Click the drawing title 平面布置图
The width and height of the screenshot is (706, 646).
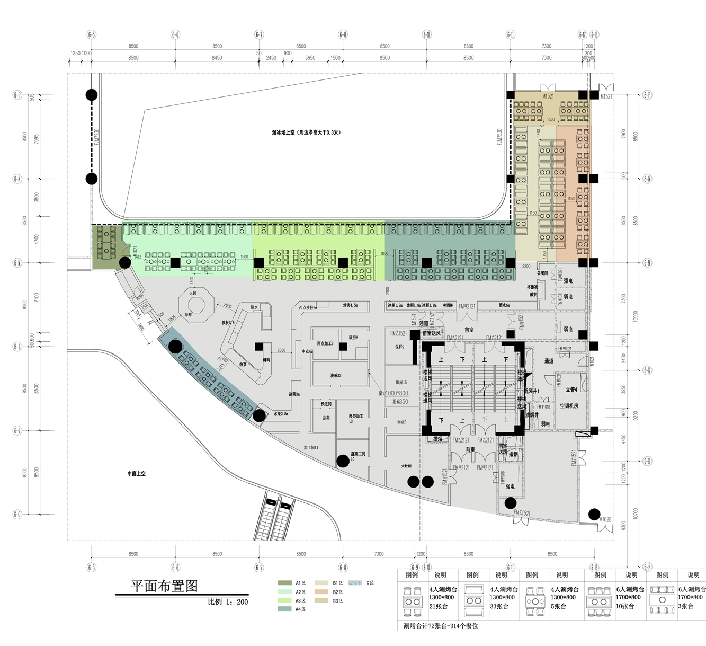(164, 586)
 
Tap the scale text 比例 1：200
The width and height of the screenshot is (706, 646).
(228, 602)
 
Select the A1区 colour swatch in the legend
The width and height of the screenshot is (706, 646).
(284, 583)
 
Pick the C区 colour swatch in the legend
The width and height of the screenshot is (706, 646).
(355, 583)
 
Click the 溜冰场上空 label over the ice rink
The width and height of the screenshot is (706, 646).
(306, 132)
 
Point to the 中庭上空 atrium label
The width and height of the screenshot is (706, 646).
(136, 473)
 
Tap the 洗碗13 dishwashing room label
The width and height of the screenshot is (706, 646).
(336, 375)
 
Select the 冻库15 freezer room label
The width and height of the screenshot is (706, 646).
(401, 382)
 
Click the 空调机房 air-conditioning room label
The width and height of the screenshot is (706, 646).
(569, 406)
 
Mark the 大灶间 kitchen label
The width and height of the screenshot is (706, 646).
(406, 466)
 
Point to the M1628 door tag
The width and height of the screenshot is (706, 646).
(605, 519)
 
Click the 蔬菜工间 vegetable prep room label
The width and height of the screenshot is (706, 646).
(358, 455)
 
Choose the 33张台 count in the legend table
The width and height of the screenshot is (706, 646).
(499, 606)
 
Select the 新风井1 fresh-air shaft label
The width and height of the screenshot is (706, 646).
(531, 391)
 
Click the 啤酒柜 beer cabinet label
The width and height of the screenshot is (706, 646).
(448, 305)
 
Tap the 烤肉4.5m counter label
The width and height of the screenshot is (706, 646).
(350, 305)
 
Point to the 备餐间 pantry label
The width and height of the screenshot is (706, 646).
(542, 273)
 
